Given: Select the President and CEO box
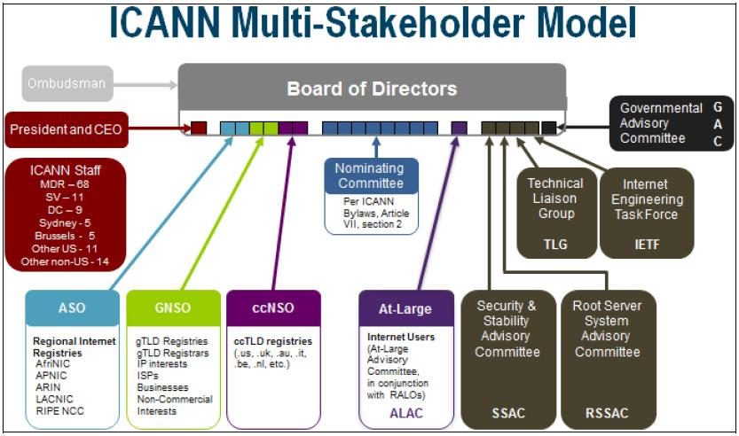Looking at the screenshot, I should click(x=65, y=130).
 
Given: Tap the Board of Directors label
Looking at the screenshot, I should click(x=372, y=89).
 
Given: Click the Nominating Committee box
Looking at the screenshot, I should click(x=369, y=175).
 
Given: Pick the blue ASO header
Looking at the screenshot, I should click(x=72, y=309).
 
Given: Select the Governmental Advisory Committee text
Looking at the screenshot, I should click(x=661, y=123).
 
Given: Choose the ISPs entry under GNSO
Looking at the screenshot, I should click(x=150, y=376).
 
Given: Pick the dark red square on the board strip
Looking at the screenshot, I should click(x=199, y=128).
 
